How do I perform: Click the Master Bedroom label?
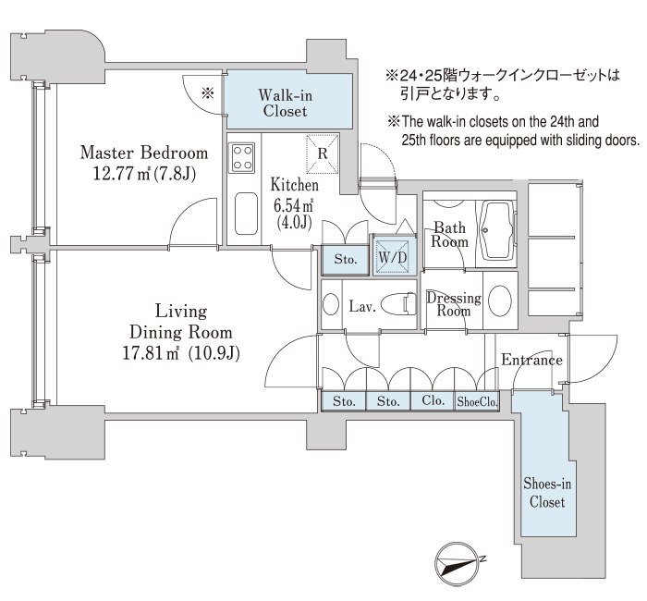click(143, 153)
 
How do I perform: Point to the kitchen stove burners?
click(243, 158)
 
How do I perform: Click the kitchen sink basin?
click(245, 214)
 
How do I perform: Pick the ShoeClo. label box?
click(479, 402)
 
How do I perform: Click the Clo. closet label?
click(433, 402)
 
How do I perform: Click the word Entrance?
click(531, 360)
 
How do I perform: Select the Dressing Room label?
click(454, 304)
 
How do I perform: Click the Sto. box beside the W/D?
click(345, 259)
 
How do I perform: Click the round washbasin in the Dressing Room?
click(501, 301)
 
